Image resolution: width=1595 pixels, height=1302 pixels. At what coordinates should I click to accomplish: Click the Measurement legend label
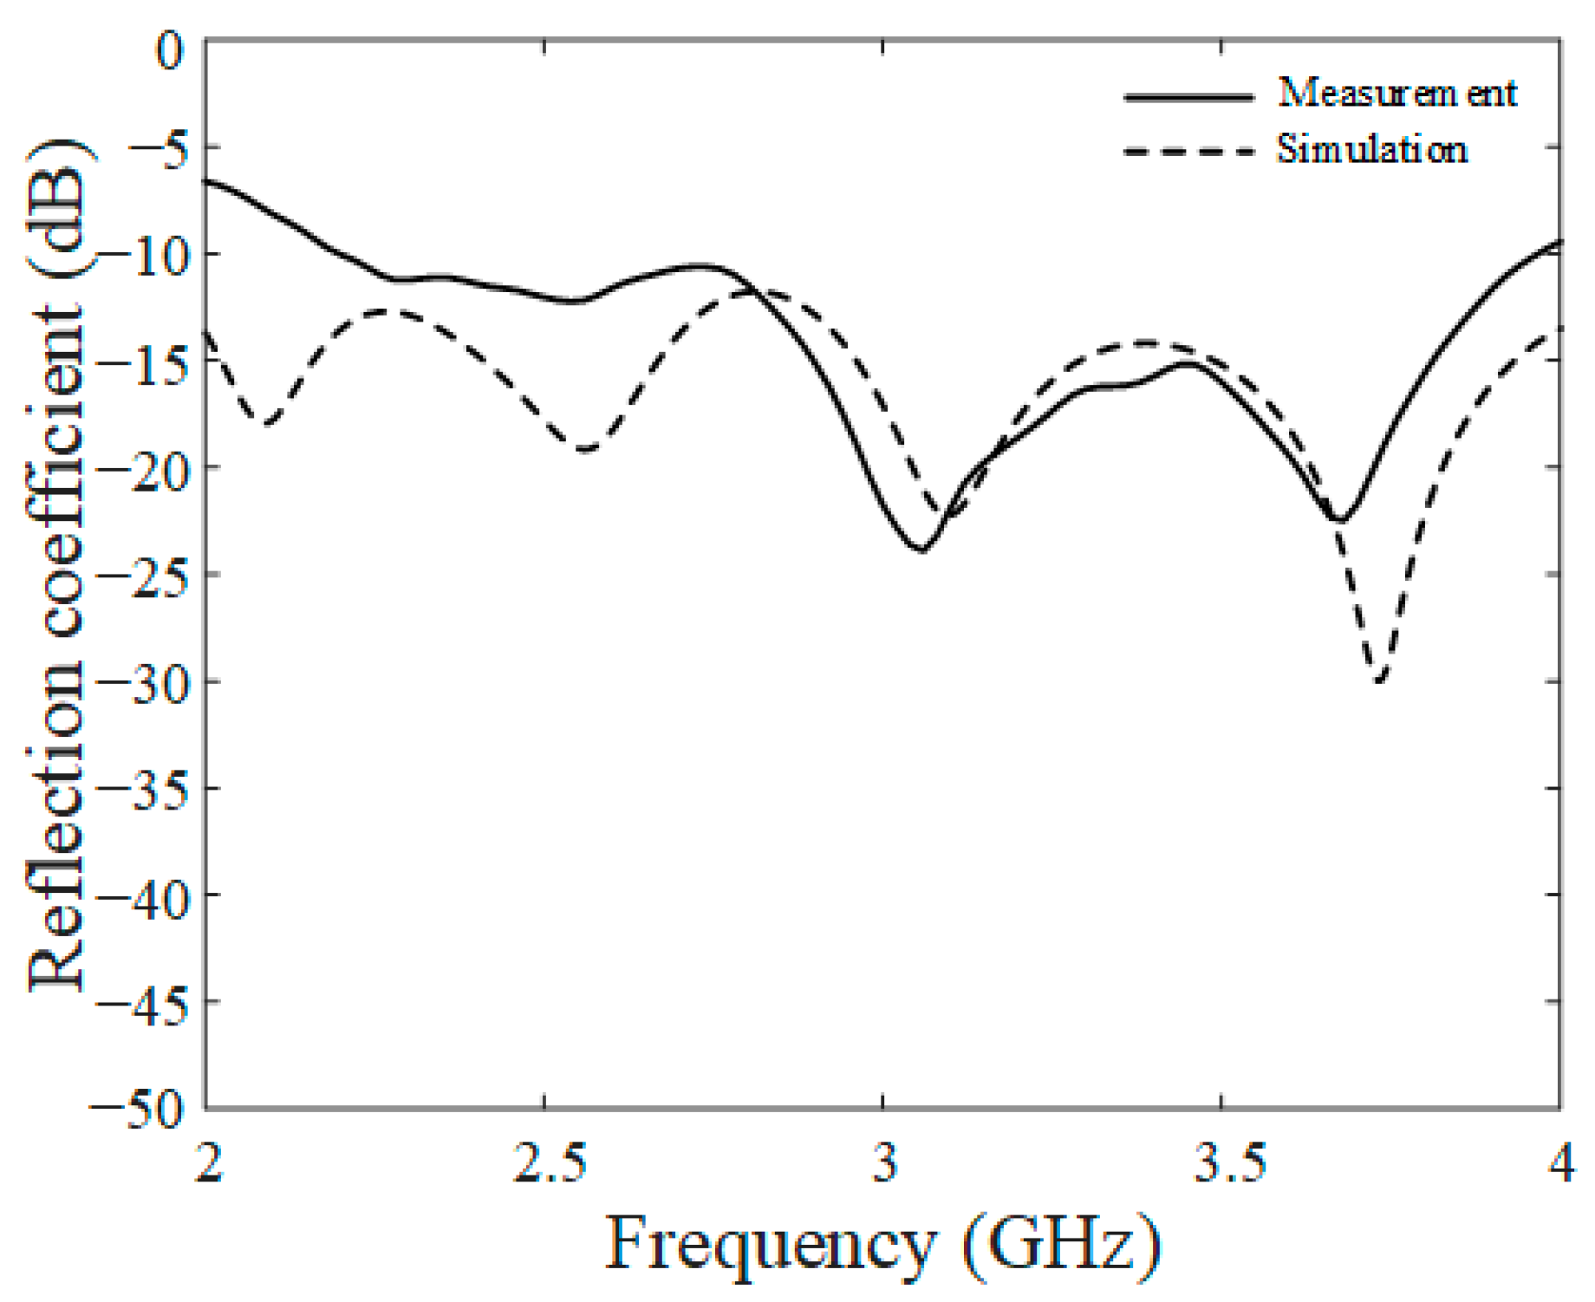coord(1397,93)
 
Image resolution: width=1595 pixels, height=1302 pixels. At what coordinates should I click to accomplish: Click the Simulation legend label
coord(1372,149)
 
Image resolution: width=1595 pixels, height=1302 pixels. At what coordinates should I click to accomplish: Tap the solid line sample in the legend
coord(1188,96)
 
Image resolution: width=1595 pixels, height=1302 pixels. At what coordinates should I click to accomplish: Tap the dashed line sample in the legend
coord(1188,152)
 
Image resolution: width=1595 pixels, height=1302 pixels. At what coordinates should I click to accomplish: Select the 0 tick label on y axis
coord(171,50)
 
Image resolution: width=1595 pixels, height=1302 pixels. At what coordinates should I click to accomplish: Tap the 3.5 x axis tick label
coord(1229,1162)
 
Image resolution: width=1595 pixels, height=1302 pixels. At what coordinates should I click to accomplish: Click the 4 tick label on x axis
coord(1560,1162)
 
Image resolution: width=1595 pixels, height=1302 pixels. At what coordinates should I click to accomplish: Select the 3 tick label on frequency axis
coord(884,1162)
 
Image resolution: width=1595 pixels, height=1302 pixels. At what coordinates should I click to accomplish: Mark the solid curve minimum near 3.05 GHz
coord(922,550)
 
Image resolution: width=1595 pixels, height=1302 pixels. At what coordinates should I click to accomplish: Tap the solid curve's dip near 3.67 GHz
coord(1340,521)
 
